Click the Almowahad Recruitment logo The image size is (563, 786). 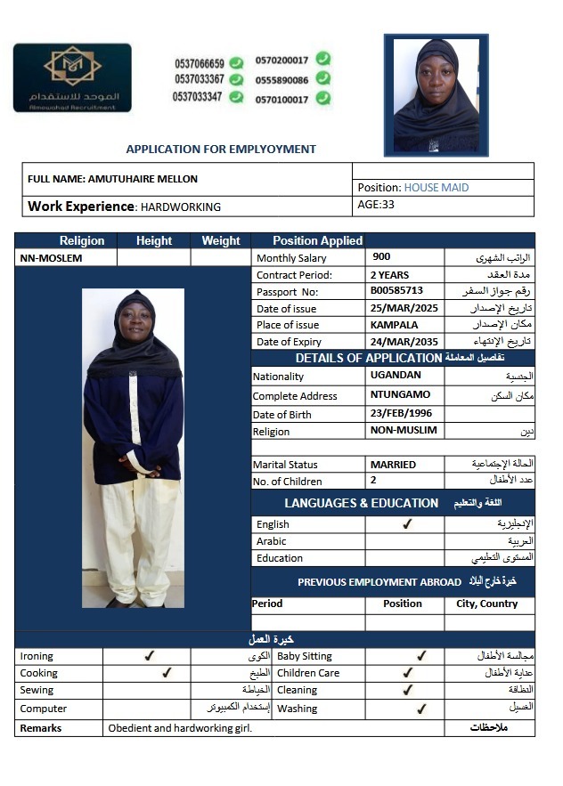[x=72, y=78]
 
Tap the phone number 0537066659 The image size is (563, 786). [x=199, y=63]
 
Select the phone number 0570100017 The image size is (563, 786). [x=281, y=100]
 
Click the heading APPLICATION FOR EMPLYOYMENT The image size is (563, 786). [x=221, y=150]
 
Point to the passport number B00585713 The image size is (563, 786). [x=396, y=291]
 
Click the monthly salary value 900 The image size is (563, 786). [x=380, y=257]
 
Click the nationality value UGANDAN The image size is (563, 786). [x=396, y=376]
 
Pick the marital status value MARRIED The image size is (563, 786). [x=393, y=465]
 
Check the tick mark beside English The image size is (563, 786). [x=406, y=524]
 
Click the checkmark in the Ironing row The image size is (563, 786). [x=149, y=656]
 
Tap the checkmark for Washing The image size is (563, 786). [x=421, y=709]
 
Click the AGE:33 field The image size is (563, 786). [x=375, y=205]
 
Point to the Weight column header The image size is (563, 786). [x=221, y=240]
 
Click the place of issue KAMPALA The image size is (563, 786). [x=394, y=325]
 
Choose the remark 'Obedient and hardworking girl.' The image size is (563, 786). [x=180, y=728]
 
